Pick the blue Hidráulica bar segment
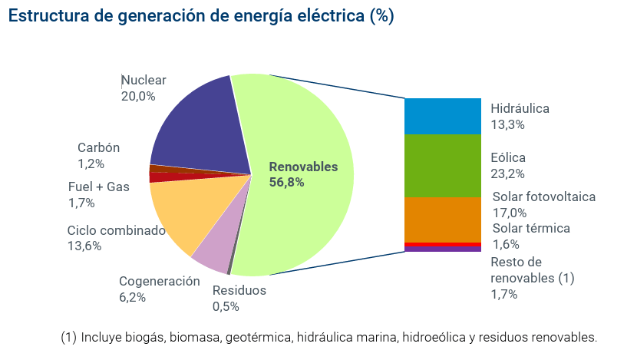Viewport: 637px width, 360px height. pos(442,116)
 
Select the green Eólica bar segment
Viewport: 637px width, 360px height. pos(442,165)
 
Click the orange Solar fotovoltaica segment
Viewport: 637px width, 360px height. pos(442,220)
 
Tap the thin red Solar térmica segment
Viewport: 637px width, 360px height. pos(442,245)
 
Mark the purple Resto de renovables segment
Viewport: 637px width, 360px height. pos(442,249)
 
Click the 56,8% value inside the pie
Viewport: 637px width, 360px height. pos(286,183)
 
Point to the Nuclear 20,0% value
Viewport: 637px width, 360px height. pos(138,97)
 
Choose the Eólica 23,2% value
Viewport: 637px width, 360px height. pos(507,174)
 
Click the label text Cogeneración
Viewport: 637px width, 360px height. pos(160,281)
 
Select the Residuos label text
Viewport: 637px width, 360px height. pos(239,291)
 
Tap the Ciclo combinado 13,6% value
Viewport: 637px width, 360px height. pos(84,246)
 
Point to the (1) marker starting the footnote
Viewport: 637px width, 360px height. pos(68,337)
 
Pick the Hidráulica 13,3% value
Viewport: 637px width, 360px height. pos(507,125)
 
